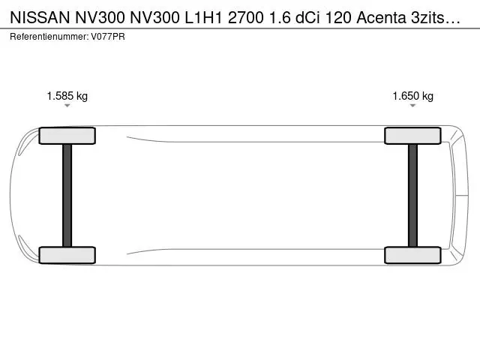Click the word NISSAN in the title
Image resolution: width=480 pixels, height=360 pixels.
(40, 18)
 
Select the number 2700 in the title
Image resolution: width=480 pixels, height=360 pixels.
(246, 18)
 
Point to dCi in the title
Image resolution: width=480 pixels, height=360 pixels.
(307, 18)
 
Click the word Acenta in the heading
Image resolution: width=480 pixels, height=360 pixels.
(381, 18)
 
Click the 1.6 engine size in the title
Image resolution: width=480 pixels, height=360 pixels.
(280, 18)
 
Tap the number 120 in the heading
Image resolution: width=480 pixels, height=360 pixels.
(338, 18)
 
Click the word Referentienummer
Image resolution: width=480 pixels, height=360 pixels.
(49, 37)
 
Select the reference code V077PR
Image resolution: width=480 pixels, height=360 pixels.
(108, 37)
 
